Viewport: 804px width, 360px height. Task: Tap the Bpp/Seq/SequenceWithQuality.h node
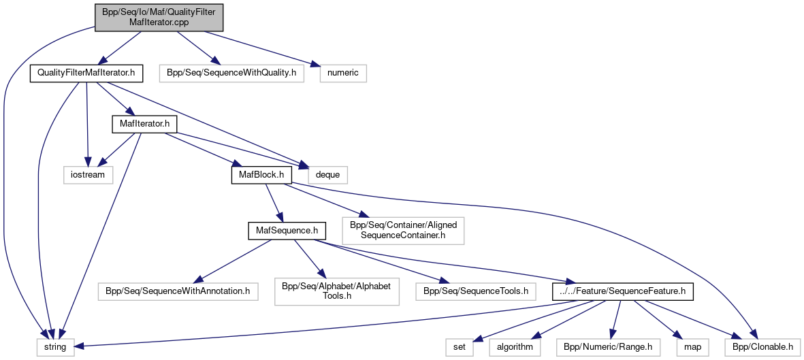point(232,73)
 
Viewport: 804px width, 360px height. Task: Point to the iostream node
point(85,174)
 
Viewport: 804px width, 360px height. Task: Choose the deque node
point(328,174)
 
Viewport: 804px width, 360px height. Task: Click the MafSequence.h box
point(283,231)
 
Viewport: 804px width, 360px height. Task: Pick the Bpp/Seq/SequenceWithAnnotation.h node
point(178,291)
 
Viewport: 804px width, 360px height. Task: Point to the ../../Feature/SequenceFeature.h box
point(623,291)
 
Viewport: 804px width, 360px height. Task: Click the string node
point(55,347)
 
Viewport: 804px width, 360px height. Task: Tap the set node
point(460,347)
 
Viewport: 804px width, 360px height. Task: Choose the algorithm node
point(515,347)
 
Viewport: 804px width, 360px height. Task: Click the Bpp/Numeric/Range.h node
point(608,347)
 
